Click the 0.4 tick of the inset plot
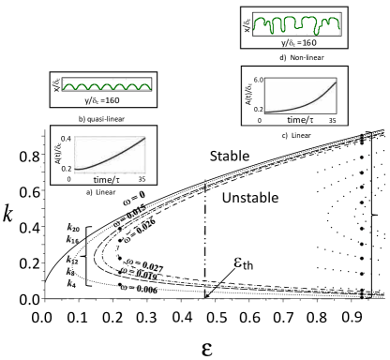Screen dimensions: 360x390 pyautogui.click(x=60, y=139)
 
